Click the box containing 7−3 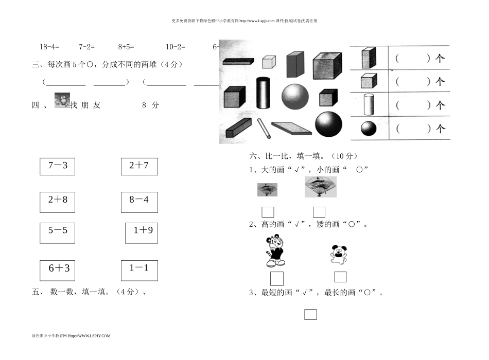point(57,166)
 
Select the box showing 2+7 point(139,166)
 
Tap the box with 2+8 point(57,202)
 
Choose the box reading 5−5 point(57,232)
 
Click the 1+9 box point(142,232)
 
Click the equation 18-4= point(49,47)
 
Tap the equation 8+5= point(126,47)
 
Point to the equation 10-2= point(175,47)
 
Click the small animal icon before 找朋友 point(62,100)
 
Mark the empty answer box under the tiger point(277,278)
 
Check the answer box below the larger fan point(319,212)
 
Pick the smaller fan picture point(267,190)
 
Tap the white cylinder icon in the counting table point(368,104)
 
